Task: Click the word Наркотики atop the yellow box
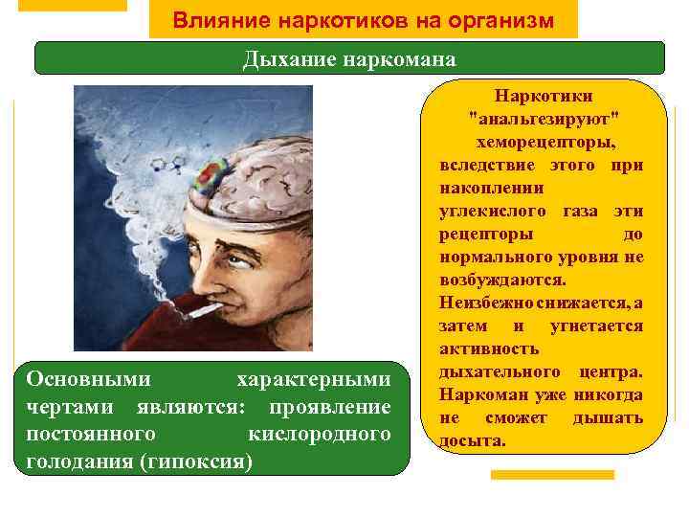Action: [543, 97]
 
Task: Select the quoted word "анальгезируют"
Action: [543, 118]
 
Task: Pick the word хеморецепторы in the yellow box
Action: [543, 142]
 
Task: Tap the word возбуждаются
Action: [502, 280]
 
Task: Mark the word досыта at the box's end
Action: [472, 440]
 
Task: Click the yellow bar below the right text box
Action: [552, 474]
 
